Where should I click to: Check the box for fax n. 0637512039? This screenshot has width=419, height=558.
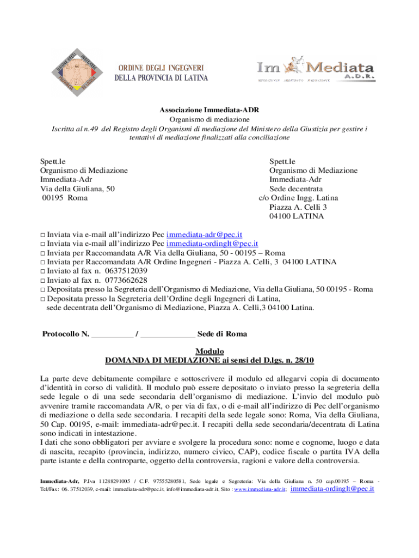[44, 271]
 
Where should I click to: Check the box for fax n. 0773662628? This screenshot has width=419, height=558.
[44, 280]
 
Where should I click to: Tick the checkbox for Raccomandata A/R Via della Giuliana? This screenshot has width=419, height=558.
[44, 253]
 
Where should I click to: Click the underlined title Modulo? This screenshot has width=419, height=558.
[209, 351]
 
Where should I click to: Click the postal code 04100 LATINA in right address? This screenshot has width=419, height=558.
[296, 216]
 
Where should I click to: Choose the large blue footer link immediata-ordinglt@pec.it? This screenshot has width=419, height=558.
[333, 489]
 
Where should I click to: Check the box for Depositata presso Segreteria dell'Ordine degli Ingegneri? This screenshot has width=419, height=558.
[44, 299]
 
